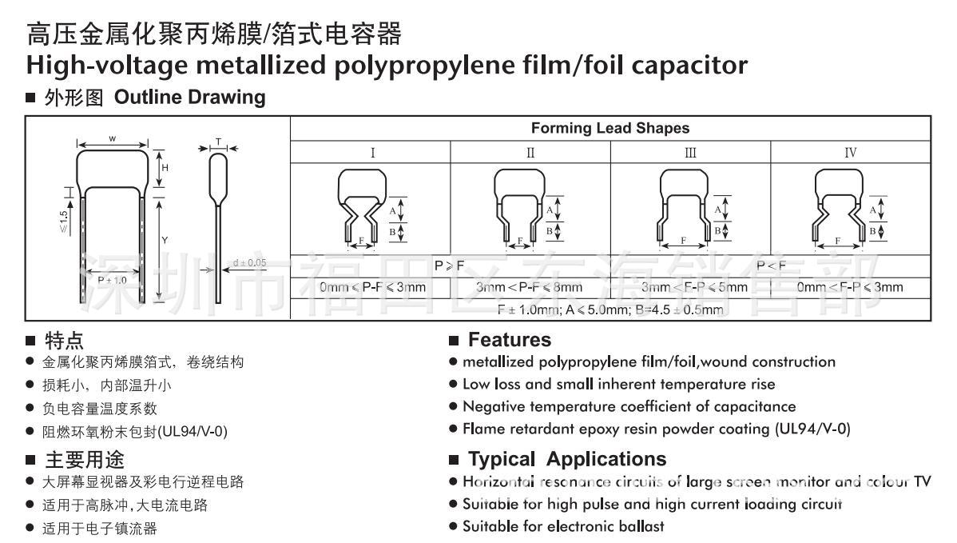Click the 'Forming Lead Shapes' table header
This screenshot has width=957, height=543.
click(610, 128)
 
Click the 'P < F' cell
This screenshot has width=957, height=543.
click(771, 266)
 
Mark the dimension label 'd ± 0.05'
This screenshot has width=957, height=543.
click(250, 262)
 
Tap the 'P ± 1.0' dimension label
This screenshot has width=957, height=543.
click(112, 281)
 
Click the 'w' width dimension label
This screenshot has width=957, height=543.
click(112, 138)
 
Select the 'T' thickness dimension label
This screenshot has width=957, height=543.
click(217, 142)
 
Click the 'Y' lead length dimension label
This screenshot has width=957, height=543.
click(165, 240)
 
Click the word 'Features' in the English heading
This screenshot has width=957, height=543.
click(509, 340)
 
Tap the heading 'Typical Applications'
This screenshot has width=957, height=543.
click(566, 459)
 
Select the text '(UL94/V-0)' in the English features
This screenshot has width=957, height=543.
click(812, 429)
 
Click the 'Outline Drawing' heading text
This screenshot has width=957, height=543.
click(190, 98)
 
